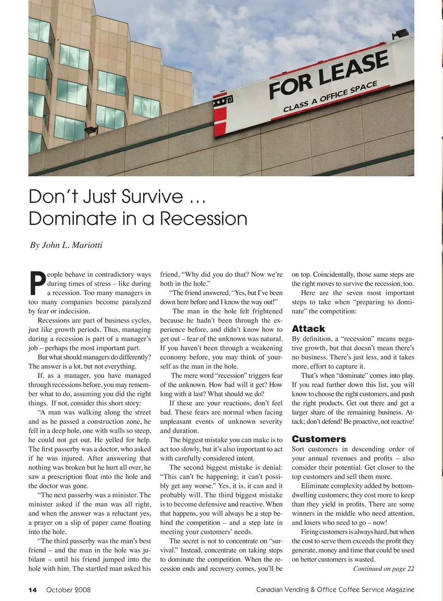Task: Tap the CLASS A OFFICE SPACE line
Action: click(330, 96)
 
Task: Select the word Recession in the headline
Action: click(204, 218)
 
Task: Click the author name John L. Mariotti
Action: click(72, 245)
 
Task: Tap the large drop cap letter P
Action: click(37, 283)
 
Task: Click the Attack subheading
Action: click(308, 329)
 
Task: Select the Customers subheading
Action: click(318, 439)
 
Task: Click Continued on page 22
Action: click(383, 569)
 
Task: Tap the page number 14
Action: click(32, 589)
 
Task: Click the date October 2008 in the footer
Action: click(68, 589)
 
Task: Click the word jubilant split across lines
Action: click(147, 550)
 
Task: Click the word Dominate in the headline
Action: click(71, 218)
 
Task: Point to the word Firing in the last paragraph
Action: click(310, 532)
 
